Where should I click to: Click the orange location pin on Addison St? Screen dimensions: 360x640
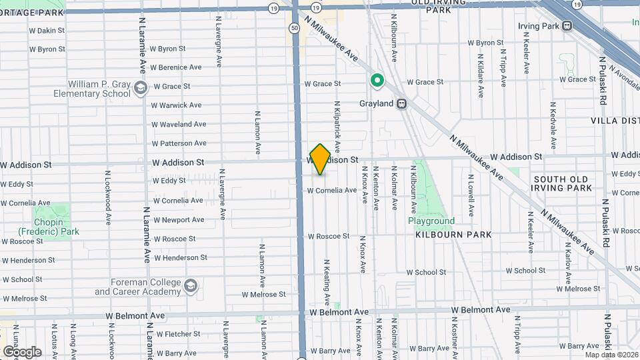[x=320, y=159]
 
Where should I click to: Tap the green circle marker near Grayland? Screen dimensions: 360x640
[x=377, y=81]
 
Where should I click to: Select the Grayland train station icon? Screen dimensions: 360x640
[x=402, y=104]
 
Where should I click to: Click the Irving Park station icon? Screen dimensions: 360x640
[x=567, y=26]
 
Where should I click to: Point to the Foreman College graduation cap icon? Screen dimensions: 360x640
[x=191, y=286]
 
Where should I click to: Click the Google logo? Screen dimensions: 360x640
[x=22, y=351]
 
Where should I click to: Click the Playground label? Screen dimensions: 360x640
[x=431, y=221]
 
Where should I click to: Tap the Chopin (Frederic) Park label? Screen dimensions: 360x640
[x=49, y=227]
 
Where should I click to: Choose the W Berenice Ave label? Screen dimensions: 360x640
[x=176, y=67]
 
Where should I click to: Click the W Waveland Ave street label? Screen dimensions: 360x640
[x=179, y=124]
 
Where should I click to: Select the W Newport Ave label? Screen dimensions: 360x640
[x=179, y=219]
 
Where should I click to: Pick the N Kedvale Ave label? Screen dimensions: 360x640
[x=553, y=126]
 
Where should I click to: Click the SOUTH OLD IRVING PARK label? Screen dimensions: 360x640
[x=562, y=183]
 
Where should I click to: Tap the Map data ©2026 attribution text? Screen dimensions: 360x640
[x=611, y=354]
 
